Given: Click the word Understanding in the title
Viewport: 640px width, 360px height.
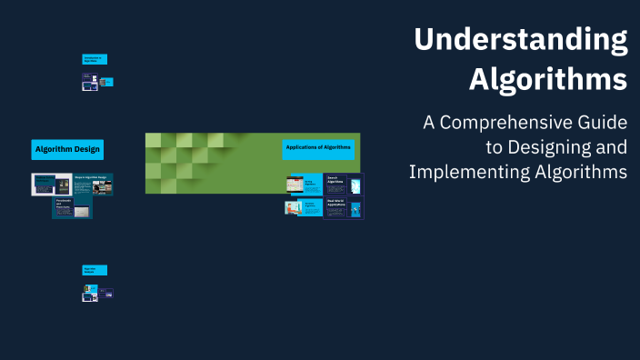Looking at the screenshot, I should (x=521, y=41).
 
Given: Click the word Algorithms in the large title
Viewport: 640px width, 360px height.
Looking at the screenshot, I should (x=548, y=79).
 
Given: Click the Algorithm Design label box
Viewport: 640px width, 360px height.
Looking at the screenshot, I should (x=67, y=149).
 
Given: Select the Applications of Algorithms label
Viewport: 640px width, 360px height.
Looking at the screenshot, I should (x=317, y=147).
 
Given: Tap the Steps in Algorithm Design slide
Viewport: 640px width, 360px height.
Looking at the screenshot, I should (x=93, y=185).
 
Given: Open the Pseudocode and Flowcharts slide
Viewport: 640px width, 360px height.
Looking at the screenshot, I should (x=73, y=208).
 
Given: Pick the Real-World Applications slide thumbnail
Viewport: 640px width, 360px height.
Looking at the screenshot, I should (x=344, y=208).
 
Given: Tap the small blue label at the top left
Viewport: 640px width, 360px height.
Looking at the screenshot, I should (x=95, y=59).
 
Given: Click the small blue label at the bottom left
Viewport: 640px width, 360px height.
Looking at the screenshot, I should (x=95, y=270).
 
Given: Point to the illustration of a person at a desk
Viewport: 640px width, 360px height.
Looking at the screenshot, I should (x=294, y=207).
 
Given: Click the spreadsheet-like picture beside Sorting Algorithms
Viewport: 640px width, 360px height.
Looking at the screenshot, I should (x=294, y=184).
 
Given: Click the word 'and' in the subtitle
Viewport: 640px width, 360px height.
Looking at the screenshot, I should (x=611, y=147).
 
